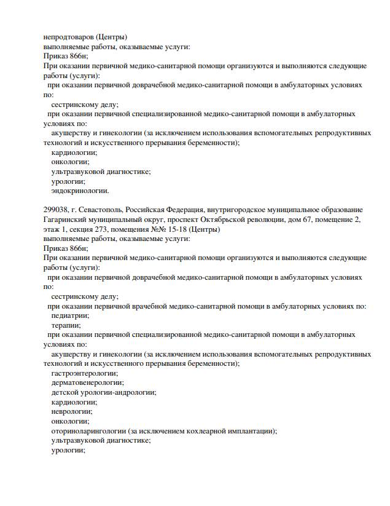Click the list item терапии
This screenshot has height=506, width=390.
(x=66, y=325)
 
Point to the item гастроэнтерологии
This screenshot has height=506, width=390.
(x=85, y=373)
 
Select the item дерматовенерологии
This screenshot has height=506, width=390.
(x=87, y=382)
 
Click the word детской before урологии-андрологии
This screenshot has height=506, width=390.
(x=66, y=392)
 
